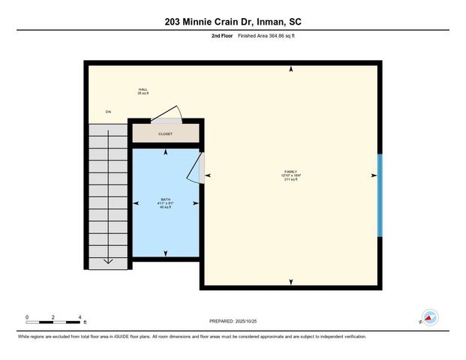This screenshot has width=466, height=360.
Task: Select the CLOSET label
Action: pyautogui.click(x=165, y=134)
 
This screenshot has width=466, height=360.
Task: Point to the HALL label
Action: pyautogui.click(x=142, y=89)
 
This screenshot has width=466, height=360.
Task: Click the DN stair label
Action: pyautogui.click(x=108, y=112)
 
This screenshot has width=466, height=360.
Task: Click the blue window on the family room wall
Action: pyautogui.click(x=380, y=195)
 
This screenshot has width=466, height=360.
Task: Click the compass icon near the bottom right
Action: pyautogui.click(x=429, y=317)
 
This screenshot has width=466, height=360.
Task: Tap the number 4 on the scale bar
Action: pyautogui.click(x=80, y=316)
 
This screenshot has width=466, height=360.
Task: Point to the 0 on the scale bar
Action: pyautogui.click(x=26, y=316)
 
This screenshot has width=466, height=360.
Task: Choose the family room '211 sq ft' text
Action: pyautogui.click(x=291, y=180)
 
